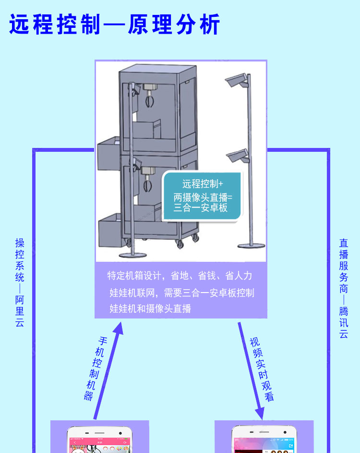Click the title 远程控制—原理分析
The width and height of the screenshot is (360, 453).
tap(115, 24)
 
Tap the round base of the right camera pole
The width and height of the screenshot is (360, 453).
tap(251, 246)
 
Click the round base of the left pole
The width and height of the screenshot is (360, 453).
tap(132, 254)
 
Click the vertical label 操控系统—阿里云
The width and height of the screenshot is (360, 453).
tap(20, 283)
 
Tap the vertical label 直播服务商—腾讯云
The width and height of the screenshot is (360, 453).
tap(344, 288)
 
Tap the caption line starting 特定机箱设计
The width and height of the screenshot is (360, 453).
tap(180, 276)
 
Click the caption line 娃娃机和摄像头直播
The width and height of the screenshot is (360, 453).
tap(150, 308)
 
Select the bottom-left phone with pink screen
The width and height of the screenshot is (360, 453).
tap(100, 440)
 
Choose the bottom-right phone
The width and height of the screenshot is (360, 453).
tap(264, 440)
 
